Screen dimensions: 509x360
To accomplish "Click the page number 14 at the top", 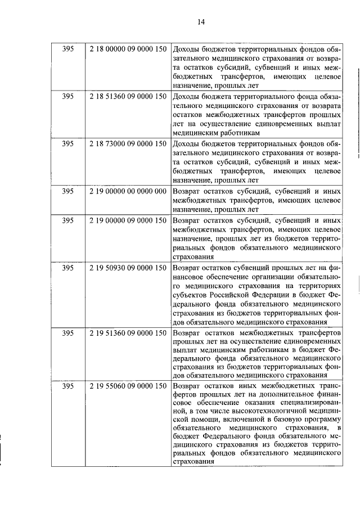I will pyautogui.click(x=201, y=22).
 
